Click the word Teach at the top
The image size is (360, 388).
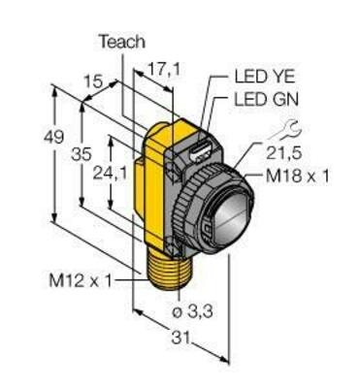tap(121, 42)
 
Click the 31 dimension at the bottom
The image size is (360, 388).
tap(194, 339)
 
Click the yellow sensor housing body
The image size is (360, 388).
tap(154, 194)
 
